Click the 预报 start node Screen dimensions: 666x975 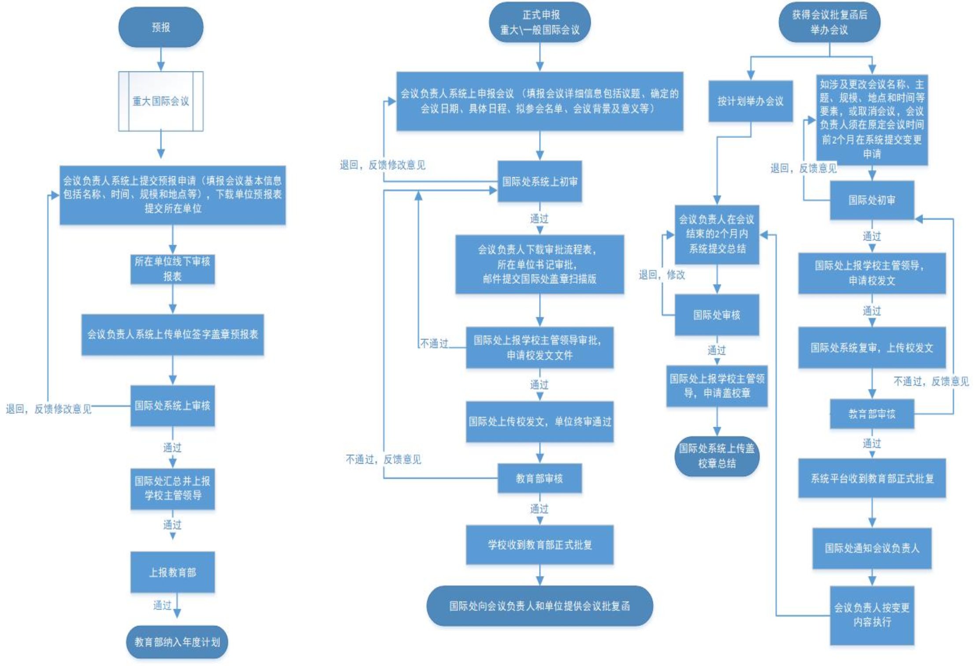(161, 27)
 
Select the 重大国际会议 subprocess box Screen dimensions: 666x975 (161, 101)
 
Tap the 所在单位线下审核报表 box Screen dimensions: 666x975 (172, 269)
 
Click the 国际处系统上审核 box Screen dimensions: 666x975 (172, 406)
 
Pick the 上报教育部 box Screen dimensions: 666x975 (172, 572)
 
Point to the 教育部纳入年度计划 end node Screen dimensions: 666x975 (177, 642)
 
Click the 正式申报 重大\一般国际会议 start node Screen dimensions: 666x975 (540, 22)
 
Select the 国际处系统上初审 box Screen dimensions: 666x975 (540, 182)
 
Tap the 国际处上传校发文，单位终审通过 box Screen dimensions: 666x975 (540, 422)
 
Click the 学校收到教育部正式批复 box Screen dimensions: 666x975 (540, 545)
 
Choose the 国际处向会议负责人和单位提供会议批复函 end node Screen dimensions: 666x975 (540, 606)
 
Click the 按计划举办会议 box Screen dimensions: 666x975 (751, 101)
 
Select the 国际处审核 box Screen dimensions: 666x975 (717, 315)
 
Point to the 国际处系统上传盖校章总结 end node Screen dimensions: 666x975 (717, 456)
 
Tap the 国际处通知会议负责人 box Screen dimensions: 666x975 (872, 548)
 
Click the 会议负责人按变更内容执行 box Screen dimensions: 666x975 (872, 615)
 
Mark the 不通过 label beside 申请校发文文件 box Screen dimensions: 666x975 (434, 343)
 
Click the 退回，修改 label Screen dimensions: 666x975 (662, 275)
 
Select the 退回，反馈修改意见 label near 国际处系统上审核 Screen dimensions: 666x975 (48, 409)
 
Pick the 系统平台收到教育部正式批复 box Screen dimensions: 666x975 (872, 479)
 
